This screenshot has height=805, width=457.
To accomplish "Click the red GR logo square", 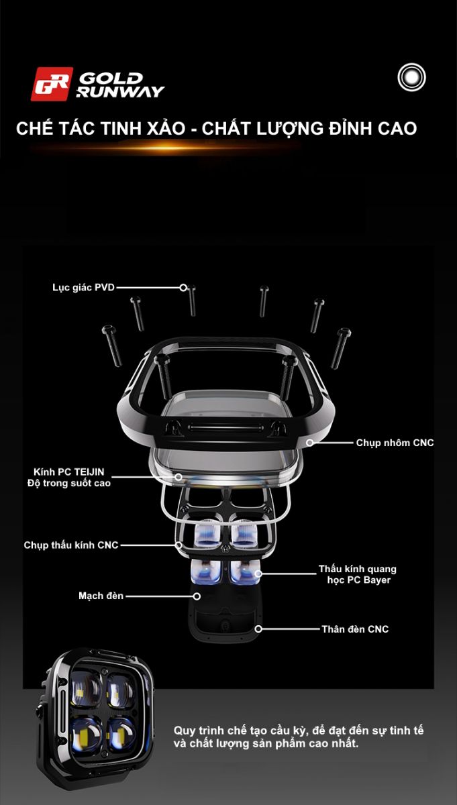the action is click(x=52, y=84).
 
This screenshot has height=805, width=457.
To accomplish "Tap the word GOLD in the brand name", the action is click(x=111, y=78).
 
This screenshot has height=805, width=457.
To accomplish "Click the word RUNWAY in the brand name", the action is click(x=120, y=92).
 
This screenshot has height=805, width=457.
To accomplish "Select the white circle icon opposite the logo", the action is click(x=411, y=77).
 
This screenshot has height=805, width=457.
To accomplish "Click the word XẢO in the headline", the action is click(x=166, y=128).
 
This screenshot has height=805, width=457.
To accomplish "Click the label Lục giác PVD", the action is click(x=83, y=288).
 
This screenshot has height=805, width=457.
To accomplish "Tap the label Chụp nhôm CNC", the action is click(x=395, y=443).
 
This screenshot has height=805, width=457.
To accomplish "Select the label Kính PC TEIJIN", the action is click(x=68, y=472).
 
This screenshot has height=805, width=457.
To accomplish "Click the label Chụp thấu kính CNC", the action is click(x=71, y=545).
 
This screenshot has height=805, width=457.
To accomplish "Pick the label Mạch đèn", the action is click(x=101, y=596).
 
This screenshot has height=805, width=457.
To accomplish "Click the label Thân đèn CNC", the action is click(x=355, y=629).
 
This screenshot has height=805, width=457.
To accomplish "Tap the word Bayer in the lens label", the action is click(x=377, y=580).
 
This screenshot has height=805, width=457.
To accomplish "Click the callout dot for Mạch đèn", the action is click(x=197, y=596).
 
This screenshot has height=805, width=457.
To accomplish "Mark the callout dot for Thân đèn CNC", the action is click(x=258, y=629).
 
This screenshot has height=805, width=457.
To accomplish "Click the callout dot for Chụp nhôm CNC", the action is click(x=309, y=443).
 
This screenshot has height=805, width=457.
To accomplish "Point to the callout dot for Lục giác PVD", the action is click(x=183, y=288).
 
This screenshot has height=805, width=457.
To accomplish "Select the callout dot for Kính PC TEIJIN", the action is click(x=179, y=477).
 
